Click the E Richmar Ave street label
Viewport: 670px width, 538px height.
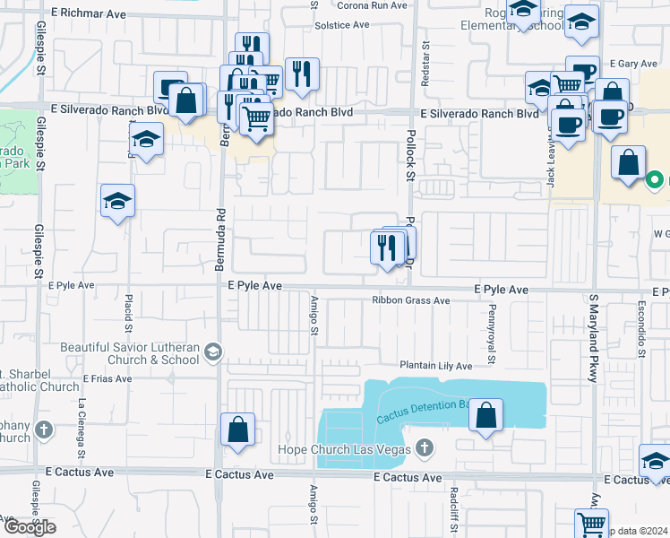[x=89, y=14]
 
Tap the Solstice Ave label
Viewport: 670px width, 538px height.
[x=342, y=24]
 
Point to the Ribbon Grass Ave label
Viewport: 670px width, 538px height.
[x=411, y=301]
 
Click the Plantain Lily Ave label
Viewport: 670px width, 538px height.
[x=435, y=366]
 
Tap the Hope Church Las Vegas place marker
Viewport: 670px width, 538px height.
[x=425, y=448]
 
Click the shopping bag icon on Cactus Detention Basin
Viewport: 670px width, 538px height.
[x=485, y=415]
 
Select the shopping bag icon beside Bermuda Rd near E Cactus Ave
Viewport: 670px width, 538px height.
[x=237, y=430]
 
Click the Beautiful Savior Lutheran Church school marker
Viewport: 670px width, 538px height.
[x=212, y=351]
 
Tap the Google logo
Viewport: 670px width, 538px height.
[x=29, y=526]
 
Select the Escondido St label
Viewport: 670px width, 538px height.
[x=641, y=333]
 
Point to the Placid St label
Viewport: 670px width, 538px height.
[x=129, y=309]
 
